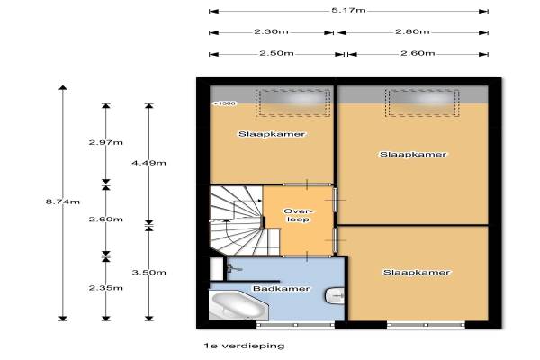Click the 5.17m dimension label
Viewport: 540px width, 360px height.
click(348, 10)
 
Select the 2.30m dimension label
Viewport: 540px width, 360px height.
click(272, 31)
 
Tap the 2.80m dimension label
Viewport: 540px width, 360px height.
click(412, 31)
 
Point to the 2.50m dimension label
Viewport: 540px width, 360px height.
click(276, 53)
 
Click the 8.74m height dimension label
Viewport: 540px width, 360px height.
click(63, 202)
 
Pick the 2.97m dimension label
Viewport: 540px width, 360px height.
click(105, 142)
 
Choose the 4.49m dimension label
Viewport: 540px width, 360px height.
click(148, 163)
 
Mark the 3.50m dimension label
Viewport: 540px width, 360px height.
click(148, 272)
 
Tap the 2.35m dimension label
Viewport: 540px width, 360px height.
click(105, 288)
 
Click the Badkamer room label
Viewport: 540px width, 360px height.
click(281, 288)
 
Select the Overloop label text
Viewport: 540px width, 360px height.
click(298, 215)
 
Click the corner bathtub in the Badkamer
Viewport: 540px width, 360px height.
click(238, 305)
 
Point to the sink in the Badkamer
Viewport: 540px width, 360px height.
click(335, 296)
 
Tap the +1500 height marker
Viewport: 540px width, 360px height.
click(225, 103)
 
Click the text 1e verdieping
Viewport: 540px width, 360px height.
click(244, 346)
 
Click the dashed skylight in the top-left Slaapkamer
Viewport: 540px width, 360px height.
click(293, 103)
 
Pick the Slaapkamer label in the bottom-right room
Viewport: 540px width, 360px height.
click(417, 272)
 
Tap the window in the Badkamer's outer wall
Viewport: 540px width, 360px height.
click(295, 325)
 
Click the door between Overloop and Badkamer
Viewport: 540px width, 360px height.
click(307, 256)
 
